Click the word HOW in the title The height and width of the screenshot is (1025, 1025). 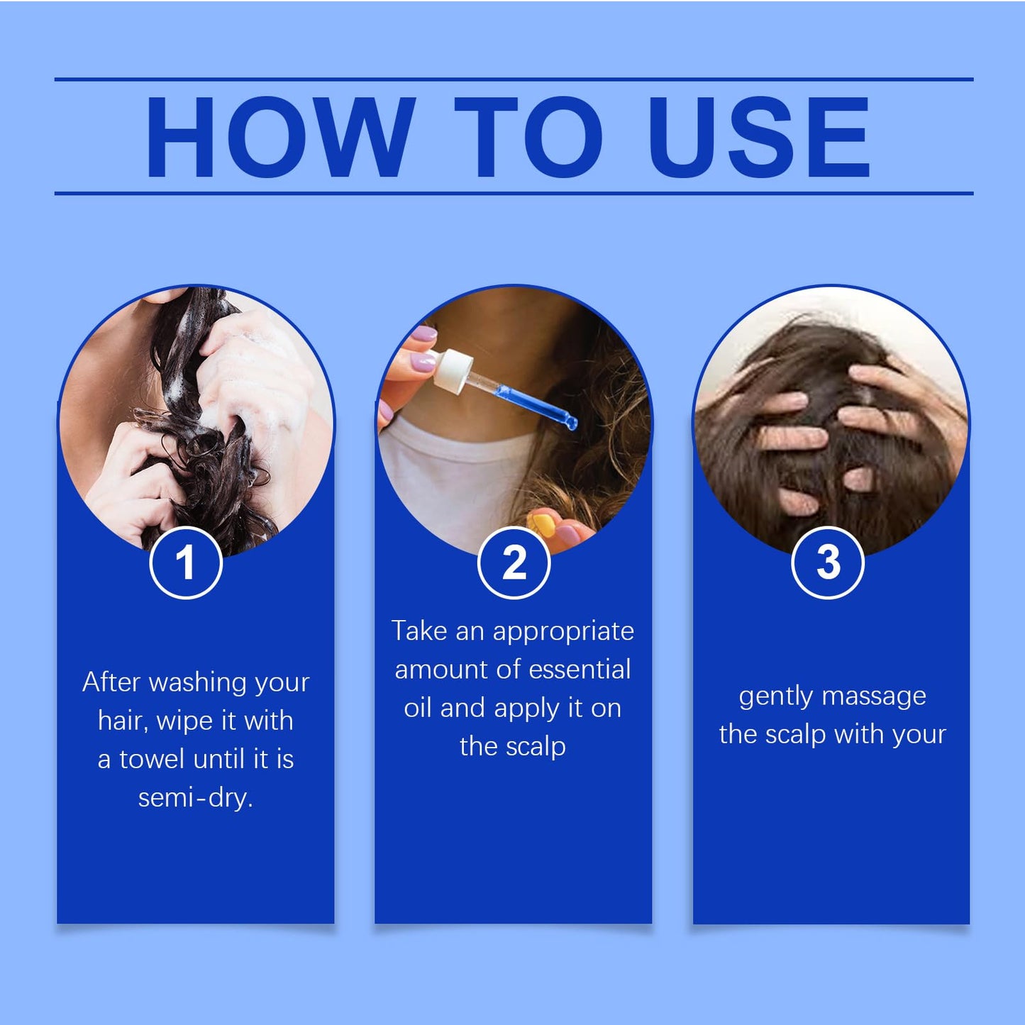point(280,136)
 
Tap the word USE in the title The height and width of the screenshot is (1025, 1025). point(758,136)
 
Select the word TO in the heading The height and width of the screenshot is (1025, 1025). point(528,136)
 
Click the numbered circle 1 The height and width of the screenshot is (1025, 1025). point(186,563)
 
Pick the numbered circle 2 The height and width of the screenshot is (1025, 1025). point(514,563)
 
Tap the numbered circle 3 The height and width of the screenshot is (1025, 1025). point(828,563)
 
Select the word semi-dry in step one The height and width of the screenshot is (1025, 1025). point(195,798)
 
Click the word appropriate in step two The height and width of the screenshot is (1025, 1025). point(563,631)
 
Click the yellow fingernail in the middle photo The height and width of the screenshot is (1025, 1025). point(543,526)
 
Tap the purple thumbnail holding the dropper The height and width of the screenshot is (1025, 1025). point(423,363)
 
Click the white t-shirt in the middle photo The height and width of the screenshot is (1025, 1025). point(454,482)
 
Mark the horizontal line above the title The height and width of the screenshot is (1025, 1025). point(514,79)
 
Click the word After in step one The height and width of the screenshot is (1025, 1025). point(111,682)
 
